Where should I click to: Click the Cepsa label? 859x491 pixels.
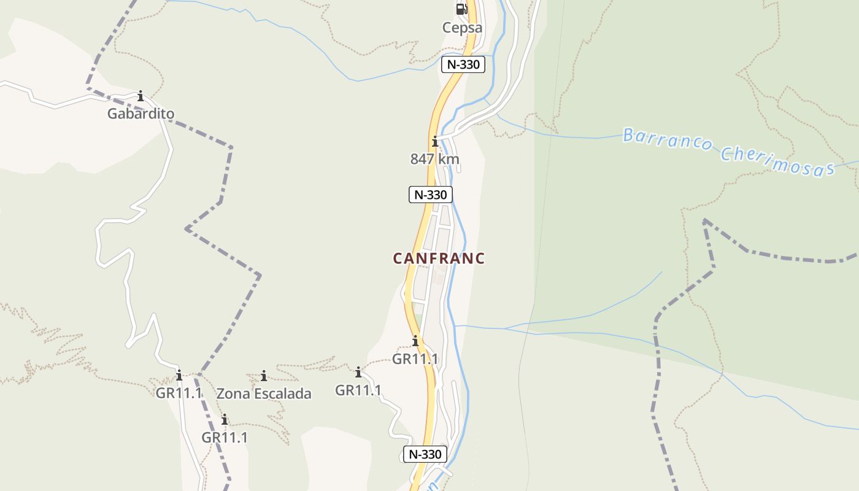coord(462,28)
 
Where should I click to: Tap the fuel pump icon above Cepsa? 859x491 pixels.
coord(461,9)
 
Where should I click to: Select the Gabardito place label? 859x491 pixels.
coord(141,114)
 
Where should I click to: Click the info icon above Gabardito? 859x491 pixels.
coord(141,96)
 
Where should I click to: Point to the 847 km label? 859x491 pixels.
coord(434,159)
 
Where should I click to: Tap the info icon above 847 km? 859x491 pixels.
coord(435,142)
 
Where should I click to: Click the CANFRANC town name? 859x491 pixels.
coord(439,258)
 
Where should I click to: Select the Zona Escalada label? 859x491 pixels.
coord(264,393)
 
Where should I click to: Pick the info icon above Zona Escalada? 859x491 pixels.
coord(264,376)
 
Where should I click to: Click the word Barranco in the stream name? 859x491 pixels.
coord(668,140)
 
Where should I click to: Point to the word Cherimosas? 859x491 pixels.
coord(778,161)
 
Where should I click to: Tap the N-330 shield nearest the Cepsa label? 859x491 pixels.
coord(463,64)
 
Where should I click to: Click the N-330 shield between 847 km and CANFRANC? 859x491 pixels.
coord(431,195)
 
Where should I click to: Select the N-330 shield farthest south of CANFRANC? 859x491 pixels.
coord(425,454)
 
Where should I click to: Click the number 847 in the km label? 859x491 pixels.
coord(423,159)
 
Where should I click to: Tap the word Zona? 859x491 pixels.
coord(230,393)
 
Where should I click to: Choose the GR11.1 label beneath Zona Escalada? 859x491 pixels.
coord(225,438)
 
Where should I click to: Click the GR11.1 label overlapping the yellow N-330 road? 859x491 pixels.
coord(415,359)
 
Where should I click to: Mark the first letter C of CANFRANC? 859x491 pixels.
coord(398,258)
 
